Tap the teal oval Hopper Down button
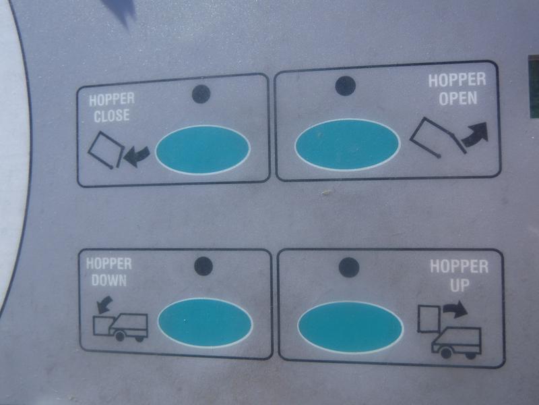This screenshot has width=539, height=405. click(x=205, y=323)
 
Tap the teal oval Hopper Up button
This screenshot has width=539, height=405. click(x=350, y=327)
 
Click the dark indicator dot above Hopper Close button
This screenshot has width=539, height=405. click(x=201, y=94)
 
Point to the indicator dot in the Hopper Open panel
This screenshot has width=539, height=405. click(x=345, y=86)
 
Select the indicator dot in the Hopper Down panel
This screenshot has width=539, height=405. click(x=203, y=266)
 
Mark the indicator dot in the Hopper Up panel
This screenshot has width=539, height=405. click(x=349, y=267)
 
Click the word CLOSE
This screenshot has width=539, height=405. click(x=112, y=115)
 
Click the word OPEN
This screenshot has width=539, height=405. click(x=458, y=99)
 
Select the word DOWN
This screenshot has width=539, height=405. click(x=109, y=281)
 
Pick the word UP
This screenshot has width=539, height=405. click(x=459, y=285)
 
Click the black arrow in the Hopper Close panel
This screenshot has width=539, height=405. click(x=137, y=156)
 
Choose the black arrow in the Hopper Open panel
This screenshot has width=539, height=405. click(x=476, y=134)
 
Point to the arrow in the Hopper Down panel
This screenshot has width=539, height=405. click(x=104, y=304)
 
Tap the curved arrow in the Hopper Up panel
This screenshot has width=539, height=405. click(x=455, y=308)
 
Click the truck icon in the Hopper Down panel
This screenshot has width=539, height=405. click(x=121, y=327)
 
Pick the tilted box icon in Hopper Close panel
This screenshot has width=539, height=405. click(x=106, y=150)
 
